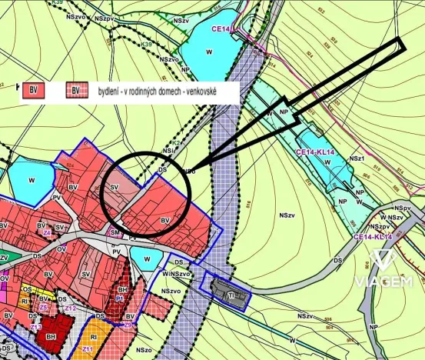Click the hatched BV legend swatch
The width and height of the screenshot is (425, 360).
(76, 91)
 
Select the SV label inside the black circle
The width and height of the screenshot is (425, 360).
(115, 187)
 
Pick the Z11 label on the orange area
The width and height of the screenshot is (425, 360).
(87, 349)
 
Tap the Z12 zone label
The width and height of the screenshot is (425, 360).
(71, 308)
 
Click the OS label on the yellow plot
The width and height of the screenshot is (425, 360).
(26, 289)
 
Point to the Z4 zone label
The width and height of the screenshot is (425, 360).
(47, 231)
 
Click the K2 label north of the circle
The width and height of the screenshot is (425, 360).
(175, 142)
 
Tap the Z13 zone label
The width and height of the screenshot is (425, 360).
(35, 326)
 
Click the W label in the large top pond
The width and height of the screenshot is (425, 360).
(209, 51)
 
